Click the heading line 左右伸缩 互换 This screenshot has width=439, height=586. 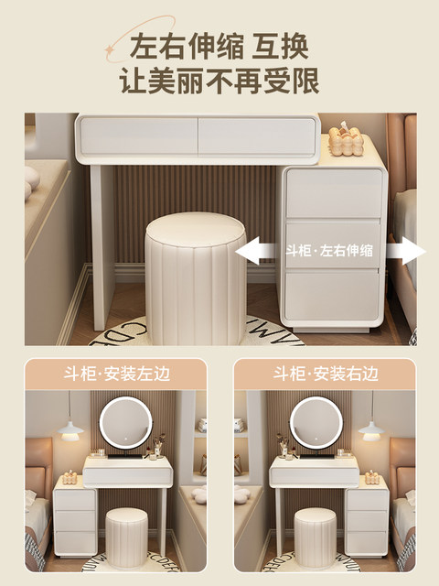(x=219, y=47)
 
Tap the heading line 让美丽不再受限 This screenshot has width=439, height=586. (x=219, y=81)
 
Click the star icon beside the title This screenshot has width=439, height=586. (x=110, y=49)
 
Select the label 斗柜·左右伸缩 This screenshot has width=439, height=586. (x=329, y=250)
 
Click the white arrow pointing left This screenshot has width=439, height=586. (x=258, y=251)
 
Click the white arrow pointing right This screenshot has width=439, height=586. (x=405, y=251)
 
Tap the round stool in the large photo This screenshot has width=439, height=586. (x=195, y=279)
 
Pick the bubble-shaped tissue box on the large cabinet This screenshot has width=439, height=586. (x=346, y=139)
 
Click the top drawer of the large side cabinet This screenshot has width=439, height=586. (x=334, y=193)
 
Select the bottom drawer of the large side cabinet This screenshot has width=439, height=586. (x=332, y=297)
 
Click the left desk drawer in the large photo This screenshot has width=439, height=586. (x=139, y=136)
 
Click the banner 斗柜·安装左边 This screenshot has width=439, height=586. (x=116, y=374)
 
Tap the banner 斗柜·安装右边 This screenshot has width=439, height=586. (x=326, y=374)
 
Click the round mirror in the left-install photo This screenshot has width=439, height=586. (x=126, y=423)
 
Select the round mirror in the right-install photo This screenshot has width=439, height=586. (x=316, y=423)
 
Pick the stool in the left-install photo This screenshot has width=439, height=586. (x=126, y=538)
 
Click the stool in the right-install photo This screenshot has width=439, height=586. (x=315, y=538)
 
